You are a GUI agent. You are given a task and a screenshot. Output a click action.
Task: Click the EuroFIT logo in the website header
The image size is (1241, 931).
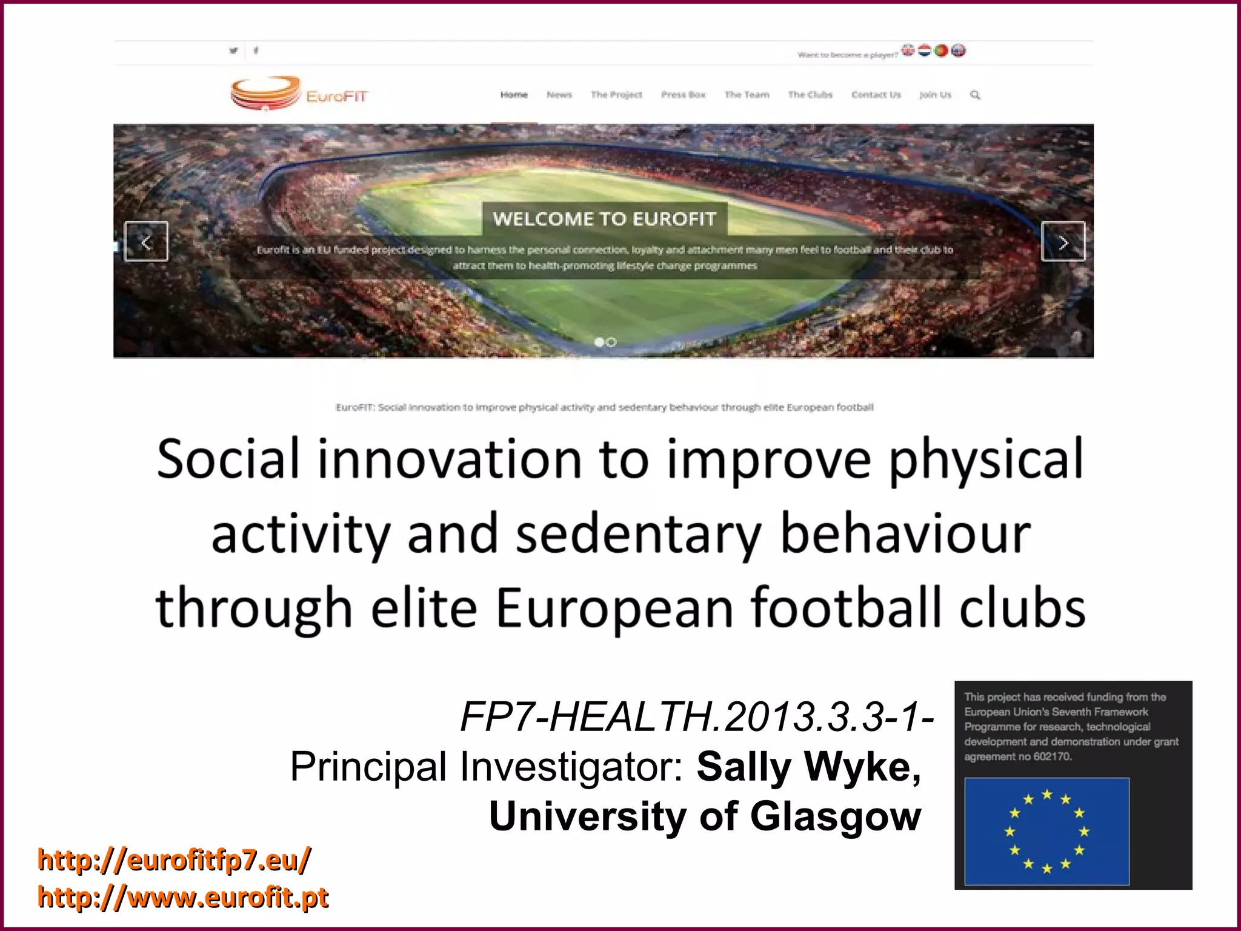pyautogui.click(x=299, y=94)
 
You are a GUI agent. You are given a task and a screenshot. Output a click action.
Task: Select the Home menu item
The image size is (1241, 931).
pyautogui.click(x=514, y=95)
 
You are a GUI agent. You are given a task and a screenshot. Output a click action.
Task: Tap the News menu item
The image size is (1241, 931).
pyautogui.click(x=559, y=95)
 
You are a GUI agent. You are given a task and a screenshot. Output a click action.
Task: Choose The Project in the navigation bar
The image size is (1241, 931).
pyautogui.click(x=616, y=95)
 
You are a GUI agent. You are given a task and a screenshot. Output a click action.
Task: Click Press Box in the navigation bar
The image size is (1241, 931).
pyautogui.click(x=684, y=95)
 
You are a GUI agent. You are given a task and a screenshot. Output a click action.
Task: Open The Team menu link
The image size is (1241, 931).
pyautogui.click(x=747, y=95)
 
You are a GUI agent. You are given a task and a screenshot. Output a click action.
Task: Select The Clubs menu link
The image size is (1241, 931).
pyautogui.click(x=810, y=95)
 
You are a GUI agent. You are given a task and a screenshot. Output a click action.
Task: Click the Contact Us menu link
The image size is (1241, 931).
pyautogui.click(x=876, y=95)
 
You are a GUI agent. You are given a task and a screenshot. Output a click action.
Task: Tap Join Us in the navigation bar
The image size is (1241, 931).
pyautogui.click(x=935, y=95)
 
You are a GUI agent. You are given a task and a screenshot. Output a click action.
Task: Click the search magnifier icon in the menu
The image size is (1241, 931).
pyautogui.click(x=975, y=95)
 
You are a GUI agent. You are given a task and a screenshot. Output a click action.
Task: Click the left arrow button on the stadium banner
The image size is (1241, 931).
pyautogui.click(x=146, y=242)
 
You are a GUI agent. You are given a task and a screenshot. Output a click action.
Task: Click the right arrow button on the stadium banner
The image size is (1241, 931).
pyautogui.click(x=1063, y=242)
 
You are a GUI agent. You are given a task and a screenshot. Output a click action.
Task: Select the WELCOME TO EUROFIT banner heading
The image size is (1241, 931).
pyautogui.click(x=604, y=219)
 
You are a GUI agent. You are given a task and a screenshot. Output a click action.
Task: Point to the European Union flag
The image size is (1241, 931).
pyautogui.click(x=1046, y=832)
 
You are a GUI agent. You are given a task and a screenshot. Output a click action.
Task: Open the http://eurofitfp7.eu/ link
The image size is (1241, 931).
pyautogui.click(x=175, y=859)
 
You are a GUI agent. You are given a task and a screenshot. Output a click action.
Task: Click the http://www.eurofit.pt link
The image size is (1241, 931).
pyautogui.click(x=183, y=897)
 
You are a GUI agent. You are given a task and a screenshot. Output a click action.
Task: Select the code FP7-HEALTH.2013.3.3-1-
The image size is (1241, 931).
pyautogui.click(x=697, y=717)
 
